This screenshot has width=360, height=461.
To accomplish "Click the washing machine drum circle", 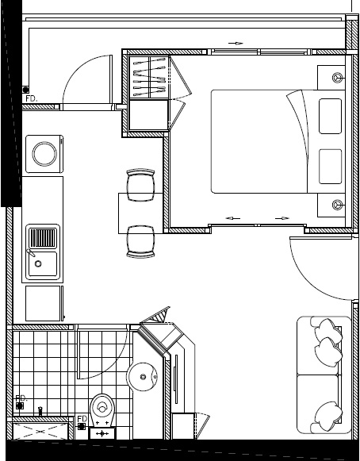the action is tap(44, 154).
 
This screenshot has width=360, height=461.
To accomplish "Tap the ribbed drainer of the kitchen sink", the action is tap(43, 238).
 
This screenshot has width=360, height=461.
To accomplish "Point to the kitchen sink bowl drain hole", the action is tap(38, 263).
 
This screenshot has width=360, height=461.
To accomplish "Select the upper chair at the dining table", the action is tap(141, 185).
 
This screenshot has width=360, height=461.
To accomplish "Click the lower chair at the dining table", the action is tap(141, 242).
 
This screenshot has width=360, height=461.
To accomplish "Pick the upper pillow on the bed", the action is tap(331, 116).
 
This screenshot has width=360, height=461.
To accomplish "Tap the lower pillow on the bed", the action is tap(331, 167).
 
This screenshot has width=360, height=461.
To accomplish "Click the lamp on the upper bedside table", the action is tap(337, 78).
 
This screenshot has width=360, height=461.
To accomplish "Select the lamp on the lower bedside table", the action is tap(337, 204).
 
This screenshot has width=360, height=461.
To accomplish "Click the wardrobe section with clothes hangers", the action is tap(149, 77).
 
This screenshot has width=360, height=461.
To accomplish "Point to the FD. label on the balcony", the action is tap(32, 98).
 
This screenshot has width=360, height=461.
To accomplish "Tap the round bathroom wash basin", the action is tap(142, 377).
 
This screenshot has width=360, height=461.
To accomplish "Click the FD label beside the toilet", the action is tap(82, 418).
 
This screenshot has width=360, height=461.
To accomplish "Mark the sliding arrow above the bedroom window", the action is tap(236, 43).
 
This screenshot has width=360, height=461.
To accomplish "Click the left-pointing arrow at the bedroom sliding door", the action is tap(233, 218).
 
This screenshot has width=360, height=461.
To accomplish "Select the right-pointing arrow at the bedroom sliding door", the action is tap(282, 218).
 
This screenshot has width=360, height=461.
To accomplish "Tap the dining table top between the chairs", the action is tap(141, 213).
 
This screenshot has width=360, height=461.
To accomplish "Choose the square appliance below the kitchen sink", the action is tap(44, 303).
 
